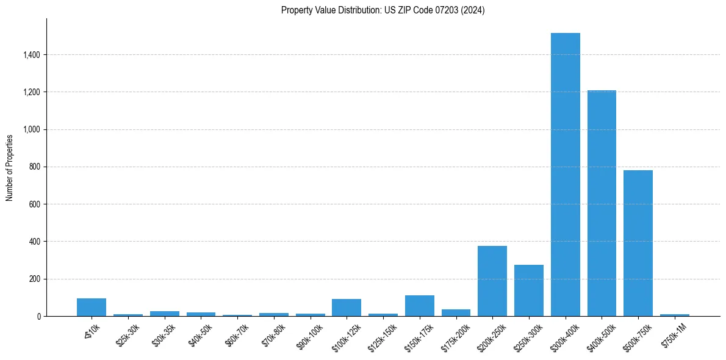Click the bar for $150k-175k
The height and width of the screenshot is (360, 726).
pyautogui.click(x=420, y=306)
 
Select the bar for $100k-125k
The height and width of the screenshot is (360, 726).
pyautogui.click(x=347, y=308)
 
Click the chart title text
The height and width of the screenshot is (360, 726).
pyautogui.click(x=383, y=10)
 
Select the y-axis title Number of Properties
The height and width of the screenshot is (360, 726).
pyautogui.click(x=10, y=167)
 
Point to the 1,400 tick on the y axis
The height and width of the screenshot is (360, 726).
pyautogui.click(x=32, y=55)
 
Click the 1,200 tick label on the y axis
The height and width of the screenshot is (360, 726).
pyautogui.click(x=32, y=92)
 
